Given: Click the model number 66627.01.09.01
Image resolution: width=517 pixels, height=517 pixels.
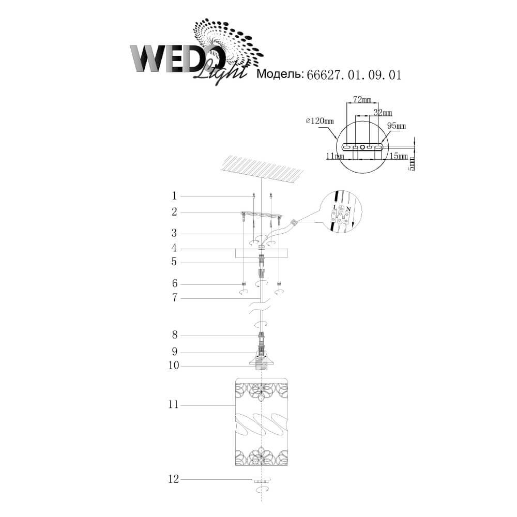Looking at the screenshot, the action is click(x=354, y=75).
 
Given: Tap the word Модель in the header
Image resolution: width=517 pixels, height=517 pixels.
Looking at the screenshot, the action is click(x=280, y=74).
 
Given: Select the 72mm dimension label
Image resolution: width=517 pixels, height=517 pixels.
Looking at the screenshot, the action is click(x=362, y=99).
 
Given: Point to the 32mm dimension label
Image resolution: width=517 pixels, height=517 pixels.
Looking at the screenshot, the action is click(x=383, y=113).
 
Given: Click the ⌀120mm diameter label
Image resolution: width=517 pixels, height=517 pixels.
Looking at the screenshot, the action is click(x=320, y=121).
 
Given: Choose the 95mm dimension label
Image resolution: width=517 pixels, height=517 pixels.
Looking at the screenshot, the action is click(x=397, y=126).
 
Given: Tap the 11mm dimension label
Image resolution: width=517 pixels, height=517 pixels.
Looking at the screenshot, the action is click(x=335, y=156).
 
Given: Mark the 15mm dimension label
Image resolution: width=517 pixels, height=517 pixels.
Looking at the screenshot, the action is click(x=399, y=156).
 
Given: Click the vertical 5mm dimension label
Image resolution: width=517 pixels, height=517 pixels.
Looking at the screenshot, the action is click(x=412, y=164).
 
